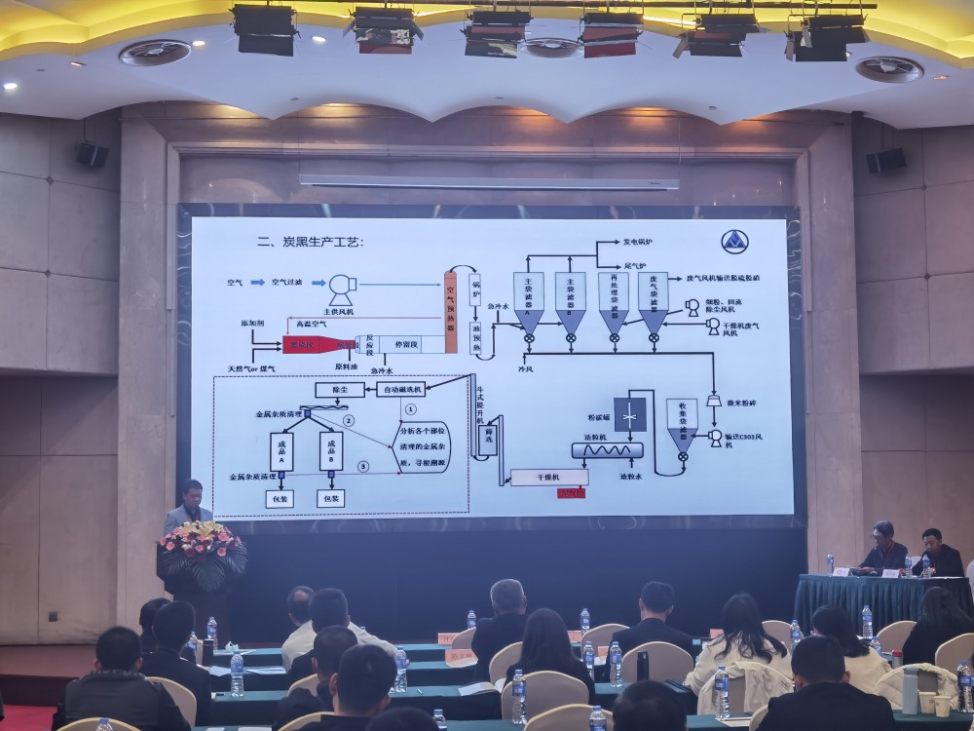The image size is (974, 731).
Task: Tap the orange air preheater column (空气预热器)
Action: pyautogui.click(x=451, y=303)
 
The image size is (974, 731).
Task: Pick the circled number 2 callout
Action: pyautogui.click(x=349, y=420)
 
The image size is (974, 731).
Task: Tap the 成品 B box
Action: pyautogui.click(x=331, y=452)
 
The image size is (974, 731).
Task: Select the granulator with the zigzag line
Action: pyautogui.click(x=609, y=450)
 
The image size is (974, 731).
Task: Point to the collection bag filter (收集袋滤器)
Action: pyautogui.click(x=683, y=421)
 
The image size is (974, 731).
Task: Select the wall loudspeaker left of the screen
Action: pyautogui.click(x=93, y=155)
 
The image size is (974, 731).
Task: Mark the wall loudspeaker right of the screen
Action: pyautogui.click(x=884, y=160)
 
